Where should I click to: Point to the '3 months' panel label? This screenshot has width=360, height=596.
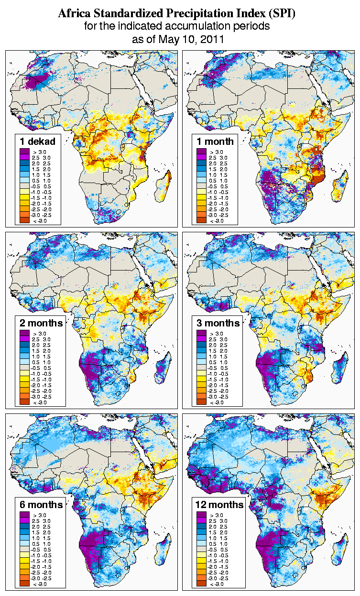click(x=218, y=323)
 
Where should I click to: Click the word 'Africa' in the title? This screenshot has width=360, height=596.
click(x=73, y=14)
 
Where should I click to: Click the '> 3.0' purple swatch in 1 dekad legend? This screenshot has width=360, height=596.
click(x=24, y=152)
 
